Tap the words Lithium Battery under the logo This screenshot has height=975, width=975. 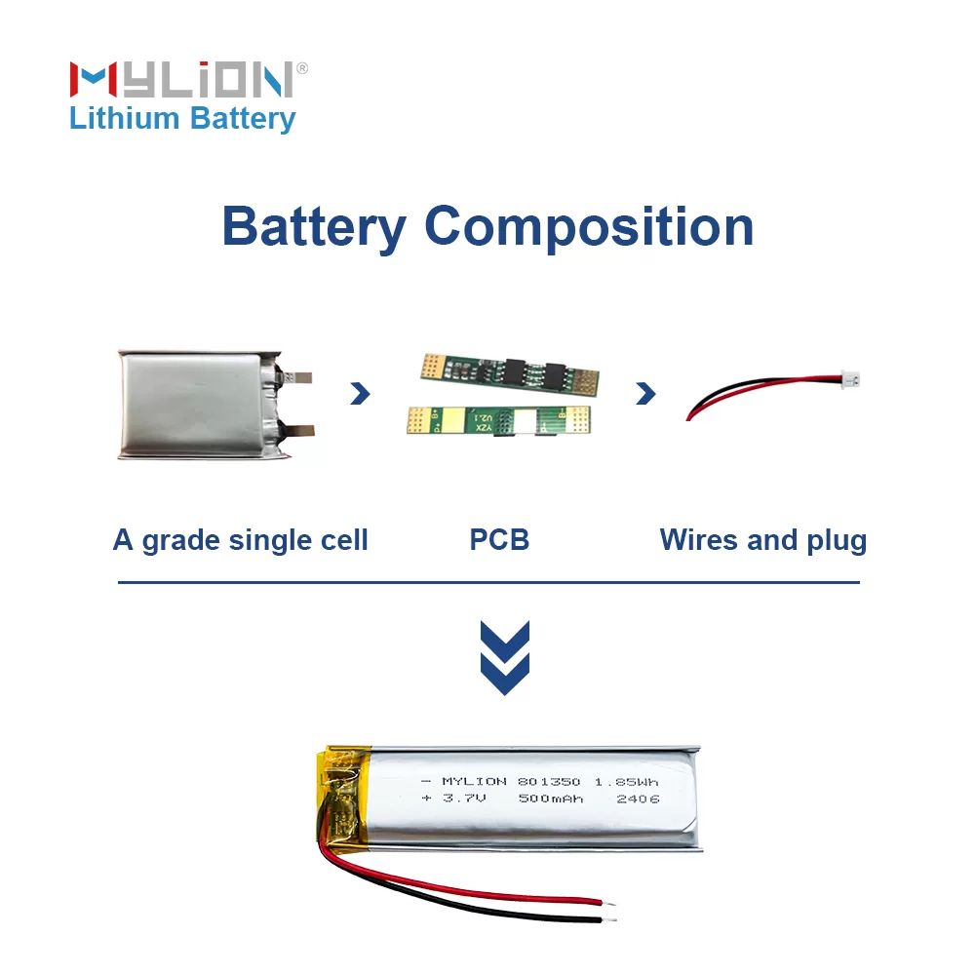[x=182, y=119]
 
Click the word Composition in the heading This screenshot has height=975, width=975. [x=589, y=226]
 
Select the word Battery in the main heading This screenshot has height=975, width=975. [x=313, y=226]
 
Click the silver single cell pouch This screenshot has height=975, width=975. [x=195, y=405]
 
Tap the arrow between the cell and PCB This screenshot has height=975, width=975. [x=361, y=393]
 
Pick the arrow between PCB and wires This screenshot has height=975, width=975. [x=644, y=393]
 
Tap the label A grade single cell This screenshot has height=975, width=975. [x=241, y=540]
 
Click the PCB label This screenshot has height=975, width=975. [x=499, y=540]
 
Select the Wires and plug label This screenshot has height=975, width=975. [x=762, y=540]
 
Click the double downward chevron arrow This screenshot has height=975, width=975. [x=505, y=657]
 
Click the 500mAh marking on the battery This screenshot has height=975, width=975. [x=552, y=799]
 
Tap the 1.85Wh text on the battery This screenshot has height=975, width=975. [x=626, y=782]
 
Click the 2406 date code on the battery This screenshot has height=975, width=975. [x=639, y=799]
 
